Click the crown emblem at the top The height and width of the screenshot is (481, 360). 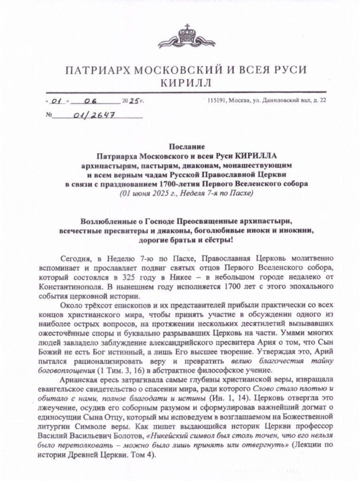(187, 36)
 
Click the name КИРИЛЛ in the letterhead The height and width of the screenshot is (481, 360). (186, 83)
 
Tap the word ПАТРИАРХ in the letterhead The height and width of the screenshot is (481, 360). (97, 70)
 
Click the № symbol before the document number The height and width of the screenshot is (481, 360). (48, 115)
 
